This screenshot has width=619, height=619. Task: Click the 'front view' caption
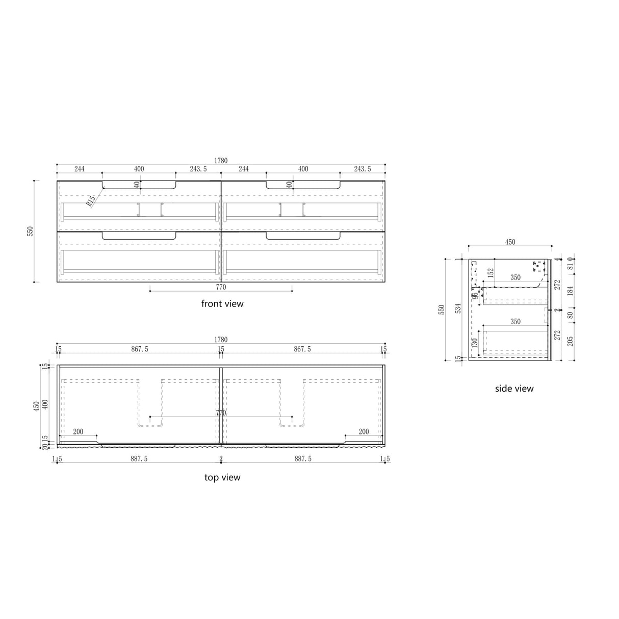(x=222, y=304)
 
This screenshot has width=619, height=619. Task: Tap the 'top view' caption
(x=222, y=478)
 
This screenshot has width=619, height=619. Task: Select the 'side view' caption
(x=514, y=389)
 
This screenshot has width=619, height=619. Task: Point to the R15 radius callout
(x=91, y=201)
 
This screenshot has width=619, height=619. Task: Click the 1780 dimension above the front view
(x=221, y=161)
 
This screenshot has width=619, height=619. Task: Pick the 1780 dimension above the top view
(x=221, y=340)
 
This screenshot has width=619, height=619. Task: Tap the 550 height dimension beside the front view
(x=30, y=231)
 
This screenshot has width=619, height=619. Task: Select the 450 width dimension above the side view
(x=510, y=242)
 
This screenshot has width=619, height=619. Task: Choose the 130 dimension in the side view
(x=475, y=343)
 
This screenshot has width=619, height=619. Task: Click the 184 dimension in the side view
(x=570, y=291)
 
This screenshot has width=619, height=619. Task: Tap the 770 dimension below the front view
(x=221, y=287)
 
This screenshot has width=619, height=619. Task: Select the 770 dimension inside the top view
(x=221, y=414)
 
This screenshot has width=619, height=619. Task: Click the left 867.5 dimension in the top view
(x=139, y=349)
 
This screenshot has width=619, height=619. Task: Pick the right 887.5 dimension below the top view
(x=302, y=459)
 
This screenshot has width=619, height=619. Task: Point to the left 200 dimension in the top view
(x=78, y=432)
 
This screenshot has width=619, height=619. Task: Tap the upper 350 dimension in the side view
(x=515, y=278)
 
